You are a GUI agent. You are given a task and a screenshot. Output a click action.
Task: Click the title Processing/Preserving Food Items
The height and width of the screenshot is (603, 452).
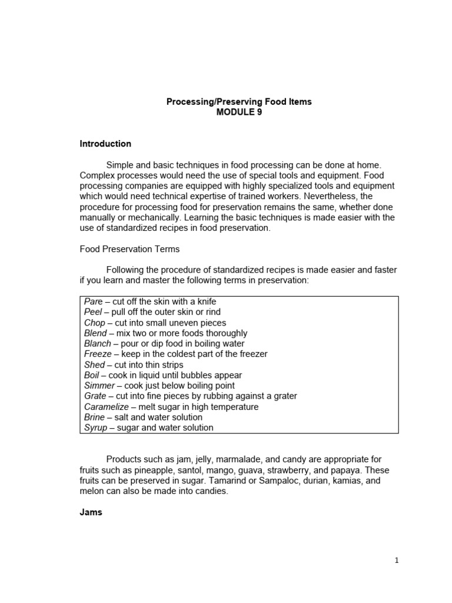click(239, 102)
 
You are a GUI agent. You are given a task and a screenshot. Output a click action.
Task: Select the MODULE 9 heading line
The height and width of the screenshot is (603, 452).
click(239, 112)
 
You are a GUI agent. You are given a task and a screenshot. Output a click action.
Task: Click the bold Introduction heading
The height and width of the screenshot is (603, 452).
click(105, 144)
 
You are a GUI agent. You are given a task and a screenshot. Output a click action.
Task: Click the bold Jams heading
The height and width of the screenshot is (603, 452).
click(91, 512)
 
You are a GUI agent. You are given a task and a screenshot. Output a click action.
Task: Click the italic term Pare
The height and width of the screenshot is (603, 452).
click(93, 301)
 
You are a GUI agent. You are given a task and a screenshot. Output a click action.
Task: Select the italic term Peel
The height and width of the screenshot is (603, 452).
click(93, 312)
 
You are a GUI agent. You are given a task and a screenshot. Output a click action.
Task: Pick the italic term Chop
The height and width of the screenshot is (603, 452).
click(95, 323)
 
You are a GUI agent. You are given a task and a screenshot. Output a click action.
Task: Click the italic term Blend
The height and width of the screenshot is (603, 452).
click(95, 333)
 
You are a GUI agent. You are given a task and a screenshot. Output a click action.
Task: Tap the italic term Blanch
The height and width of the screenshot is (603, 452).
click(97, 344)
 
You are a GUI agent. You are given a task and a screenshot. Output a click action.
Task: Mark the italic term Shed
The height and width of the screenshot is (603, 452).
click(94, 365)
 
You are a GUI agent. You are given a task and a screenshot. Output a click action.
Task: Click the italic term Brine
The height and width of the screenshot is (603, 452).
click(94, 417)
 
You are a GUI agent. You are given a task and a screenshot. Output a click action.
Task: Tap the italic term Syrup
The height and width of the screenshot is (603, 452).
click(95, 428)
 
